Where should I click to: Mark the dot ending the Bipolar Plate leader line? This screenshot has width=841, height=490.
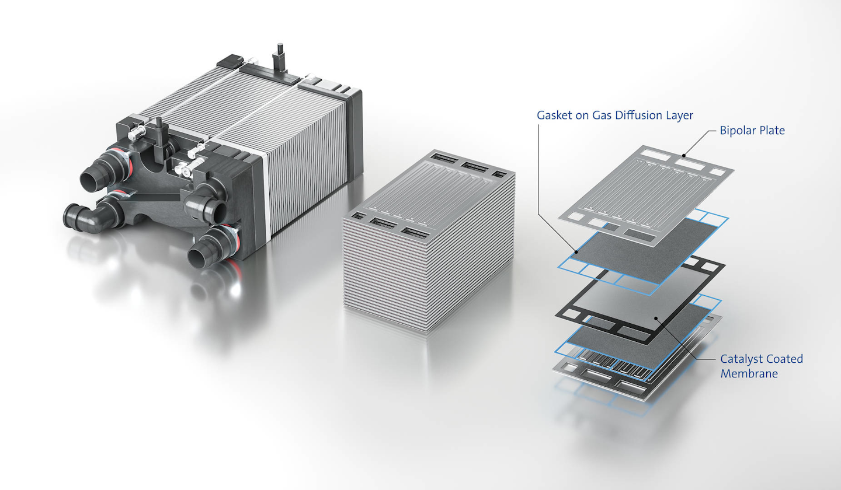[683, 156]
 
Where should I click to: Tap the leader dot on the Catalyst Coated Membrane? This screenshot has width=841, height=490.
[656, 318]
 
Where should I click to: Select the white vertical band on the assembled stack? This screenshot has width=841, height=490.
[267, 198]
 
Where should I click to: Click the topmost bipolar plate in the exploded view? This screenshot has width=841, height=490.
[642, 187]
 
